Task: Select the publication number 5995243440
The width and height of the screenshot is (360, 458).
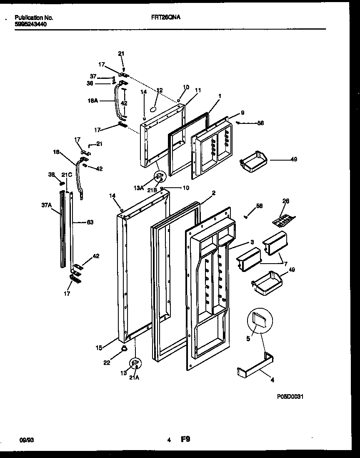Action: (x=31, y=24)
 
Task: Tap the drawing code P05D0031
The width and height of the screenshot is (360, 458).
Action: (x=290, y=397)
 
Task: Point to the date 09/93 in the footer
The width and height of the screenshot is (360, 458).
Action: (x=26, y=440)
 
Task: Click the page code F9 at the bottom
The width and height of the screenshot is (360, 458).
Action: (x=185, y=439)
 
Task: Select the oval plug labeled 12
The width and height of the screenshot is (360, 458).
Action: (x=153, y=108)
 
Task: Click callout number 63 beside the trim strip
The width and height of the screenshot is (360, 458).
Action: (x=90, y=222)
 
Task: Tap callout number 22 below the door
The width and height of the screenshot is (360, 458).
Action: (x=107, y=362)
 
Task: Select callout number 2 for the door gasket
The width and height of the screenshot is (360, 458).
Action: (x=213, y=193)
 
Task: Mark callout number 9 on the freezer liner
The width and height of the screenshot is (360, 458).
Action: (x=242, y=113)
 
